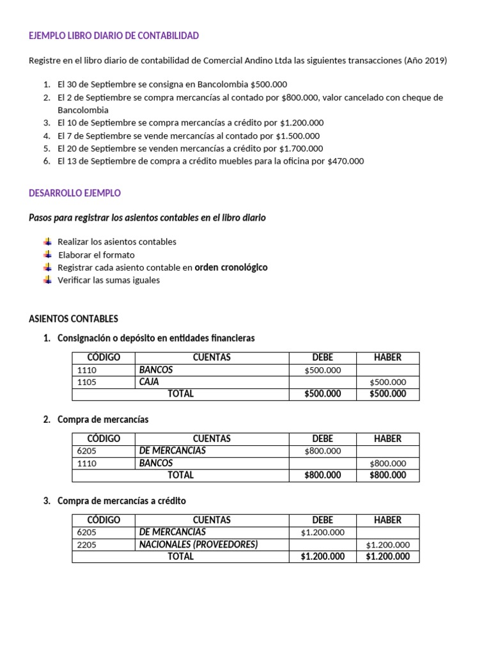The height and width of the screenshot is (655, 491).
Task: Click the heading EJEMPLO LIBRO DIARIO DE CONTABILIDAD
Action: coord(114,36)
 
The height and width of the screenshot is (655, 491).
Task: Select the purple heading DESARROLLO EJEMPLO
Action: coord(75,193)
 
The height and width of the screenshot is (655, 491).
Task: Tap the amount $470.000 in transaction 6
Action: coord(345,161)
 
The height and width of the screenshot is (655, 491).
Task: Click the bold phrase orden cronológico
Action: coord(231,267)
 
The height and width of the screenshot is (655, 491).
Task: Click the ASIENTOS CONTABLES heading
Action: coord(74,319)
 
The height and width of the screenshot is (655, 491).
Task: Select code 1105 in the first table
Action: coord(86,383)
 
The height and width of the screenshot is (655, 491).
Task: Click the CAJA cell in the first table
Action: coord(148,382)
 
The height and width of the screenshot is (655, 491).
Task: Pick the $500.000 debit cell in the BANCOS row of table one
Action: coord(322,370)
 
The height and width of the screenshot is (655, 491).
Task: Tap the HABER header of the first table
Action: coord(387,358)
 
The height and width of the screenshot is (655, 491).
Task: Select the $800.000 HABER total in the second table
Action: coord(387,475)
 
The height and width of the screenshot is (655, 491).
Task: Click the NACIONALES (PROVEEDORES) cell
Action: coord(198,544)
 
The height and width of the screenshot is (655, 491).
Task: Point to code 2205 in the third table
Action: coord(86,545)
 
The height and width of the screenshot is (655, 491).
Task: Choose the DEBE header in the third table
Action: coord(322,520)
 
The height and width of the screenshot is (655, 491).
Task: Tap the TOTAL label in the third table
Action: coord(180,556)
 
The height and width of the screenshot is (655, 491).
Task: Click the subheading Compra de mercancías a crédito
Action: coord(121,501)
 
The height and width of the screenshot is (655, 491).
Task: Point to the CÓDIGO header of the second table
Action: coord(104,439)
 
